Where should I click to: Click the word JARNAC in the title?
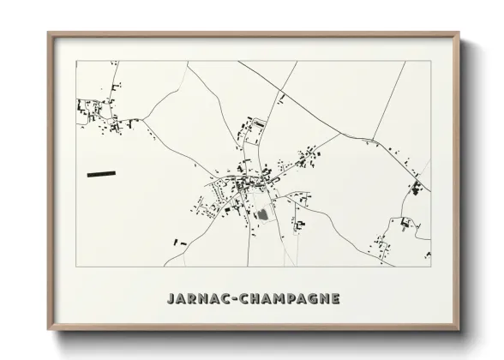point(192,299)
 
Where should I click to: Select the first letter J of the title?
point(166,299)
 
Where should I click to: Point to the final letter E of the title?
point(335,299)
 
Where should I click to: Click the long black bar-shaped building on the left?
point(101,174)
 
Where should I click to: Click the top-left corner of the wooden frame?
point(49,34)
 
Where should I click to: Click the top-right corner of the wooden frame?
point(459,34)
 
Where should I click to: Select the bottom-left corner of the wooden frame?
point(49,330)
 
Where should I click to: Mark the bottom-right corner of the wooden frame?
point(459,330)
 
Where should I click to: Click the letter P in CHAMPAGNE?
point(287,299)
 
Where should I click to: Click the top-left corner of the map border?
point(77,61)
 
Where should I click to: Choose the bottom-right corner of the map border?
point(431,267)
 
